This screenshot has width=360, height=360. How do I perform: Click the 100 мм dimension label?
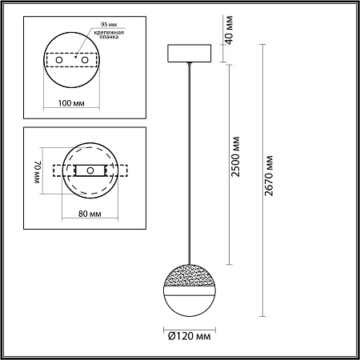pyautogui.click(x=71, y=103)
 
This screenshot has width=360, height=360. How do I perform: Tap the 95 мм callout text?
pyautogui.click(x=109, y=25)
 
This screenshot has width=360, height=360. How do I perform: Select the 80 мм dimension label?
pyautogui.click(x=90, y=214)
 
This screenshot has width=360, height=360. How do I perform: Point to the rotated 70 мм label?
pyautogui.click(x=38, y=172)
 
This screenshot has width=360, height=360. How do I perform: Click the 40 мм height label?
pyautogui.click(x=229, y=30)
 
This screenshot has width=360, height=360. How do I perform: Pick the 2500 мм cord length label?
pyautogui.click(x=235, y=157)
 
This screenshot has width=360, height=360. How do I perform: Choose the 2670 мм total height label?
pyautogui.click(x=269, y=176)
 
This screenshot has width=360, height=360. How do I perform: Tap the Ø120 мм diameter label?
pyautogui.click(x=190, y=336)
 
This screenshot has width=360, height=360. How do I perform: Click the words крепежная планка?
pyautogui.click(x=109, y=34)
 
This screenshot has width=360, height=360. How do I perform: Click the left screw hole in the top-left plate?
pyautogui.click(x=59, y=60)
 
